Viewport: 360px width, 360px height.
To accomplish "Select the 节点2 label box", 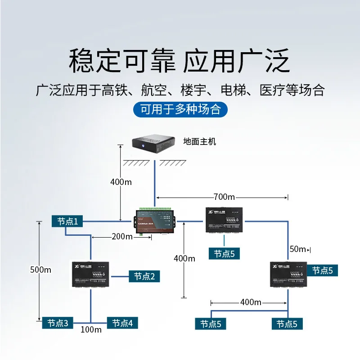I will click(x=144, y=276).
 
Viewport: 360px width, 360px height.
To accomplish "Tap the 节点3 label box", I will click(x=58, y=323).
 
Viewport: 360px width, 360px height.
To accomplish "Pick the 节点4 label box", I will click(x=122, y=323).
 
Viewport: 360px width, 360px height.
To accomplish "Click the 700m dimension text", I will click(x=225, y=197).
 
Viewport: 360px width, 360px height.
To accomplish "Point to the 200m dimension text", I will click(x=122, y=237).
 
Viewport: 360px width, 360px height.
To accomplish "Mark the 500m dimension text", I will click(x=40, y=270).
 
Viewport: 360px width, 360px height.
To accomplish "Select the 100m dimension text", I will click(x=91, y=330).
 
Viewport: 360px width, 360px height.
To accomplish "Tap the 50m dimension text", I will click(x=298, y=249).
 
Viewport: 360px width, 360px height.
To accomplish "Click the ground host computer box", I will click(x=153, y=144).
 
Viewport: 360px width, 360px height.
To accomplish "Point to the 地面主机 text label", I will click(x=200, y=141).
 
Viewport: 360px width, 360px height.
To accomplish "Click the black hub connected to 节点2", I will click(x=91, y=275).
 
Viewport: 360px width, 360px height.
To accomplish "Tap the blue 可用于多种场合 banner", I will click(x=180, y=109).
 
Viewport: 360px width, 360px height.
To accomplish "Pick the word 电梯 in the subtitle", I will click(x=233, y=90).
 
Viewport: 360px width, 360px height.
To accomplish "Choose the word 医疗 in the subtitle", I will click(x=272, y=90).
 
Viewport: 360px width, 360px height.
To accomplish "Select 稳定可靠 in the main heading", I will click(x=121, y=61).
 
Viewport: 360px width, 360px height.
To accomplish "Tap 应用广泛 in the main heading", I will click(x=236, y=61).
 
